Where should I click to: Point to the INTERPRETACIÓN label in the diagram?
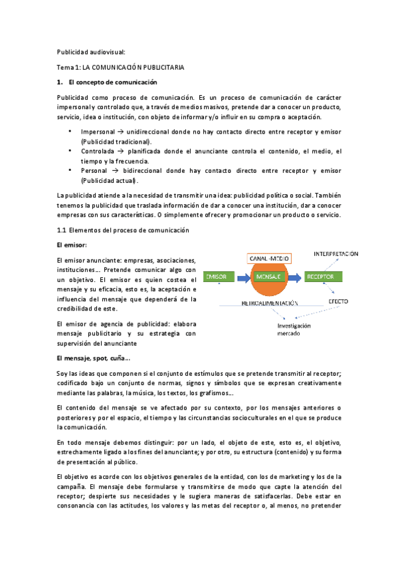tap(336, 253)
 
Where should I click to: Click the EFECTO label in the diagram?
tap(338, 301)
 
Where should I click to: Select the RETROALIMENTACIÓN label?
tap(269, 303)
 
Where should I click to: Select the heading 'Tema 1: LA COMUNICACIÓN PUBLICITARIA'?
tap(120, 68)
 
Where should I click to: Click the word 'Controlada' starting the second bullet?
tap(98, 152)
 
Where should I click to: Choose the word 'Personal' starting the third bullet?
tap(94, 171)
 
